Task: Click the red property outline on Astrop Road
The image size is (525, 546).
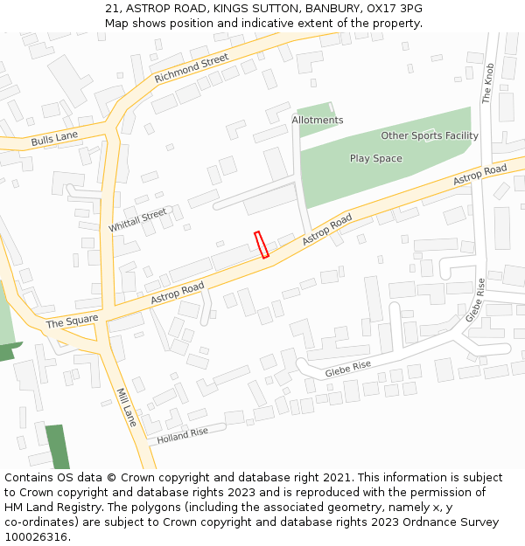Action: (261, 245)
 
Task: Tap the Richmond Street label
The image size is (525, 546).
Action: (191, 68)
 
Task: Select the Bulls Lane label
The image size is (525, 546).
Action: (54, 137)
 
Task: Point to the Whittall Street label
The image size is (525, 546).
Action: (137, 220)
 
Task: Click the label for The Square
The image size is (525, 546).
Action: (72, 321)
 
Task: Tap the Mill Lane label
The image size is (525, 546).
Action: (128, 408)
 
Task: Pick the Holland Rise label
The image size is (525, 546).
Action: (183, 432)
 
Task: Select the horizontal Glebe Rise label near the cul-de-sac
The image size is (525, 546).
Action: (347, 370)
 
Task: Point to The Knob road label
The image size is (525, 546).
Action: (488, 83)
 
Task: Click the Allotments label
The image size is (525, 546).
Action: (318, 120)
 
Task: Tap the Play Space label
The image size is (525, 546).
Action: (376, 158)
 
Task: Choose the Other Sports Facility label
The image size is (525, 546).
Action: (430, 135)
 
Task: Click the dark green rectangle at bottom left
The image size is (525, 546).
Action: (58, 446)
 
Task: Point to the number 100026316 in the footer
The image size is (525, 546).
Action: (36, 536)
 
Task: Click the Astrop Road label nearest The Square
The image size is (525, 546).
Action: (177, 293)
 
